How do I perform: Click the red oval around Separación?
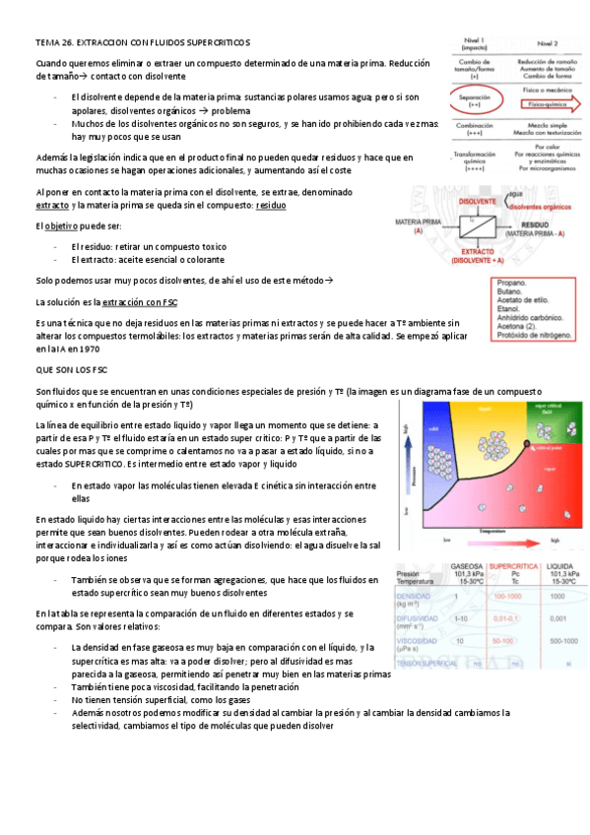477,98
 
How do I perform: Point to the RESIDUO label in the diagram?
533,225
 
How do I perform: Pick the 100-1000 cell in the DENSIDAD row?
508,597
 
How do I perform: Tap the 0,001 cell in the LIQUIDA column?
557,617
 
